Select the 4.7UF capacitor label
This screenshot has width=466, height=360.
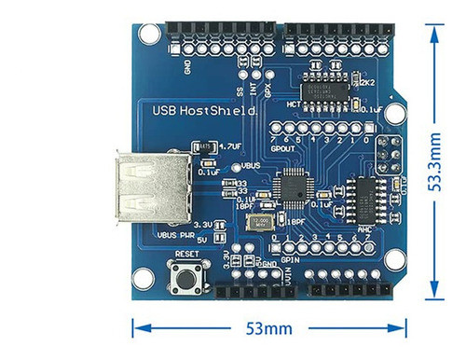coord(230,146)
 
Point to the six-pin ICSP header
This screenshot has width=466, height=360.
coord(388,149)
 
